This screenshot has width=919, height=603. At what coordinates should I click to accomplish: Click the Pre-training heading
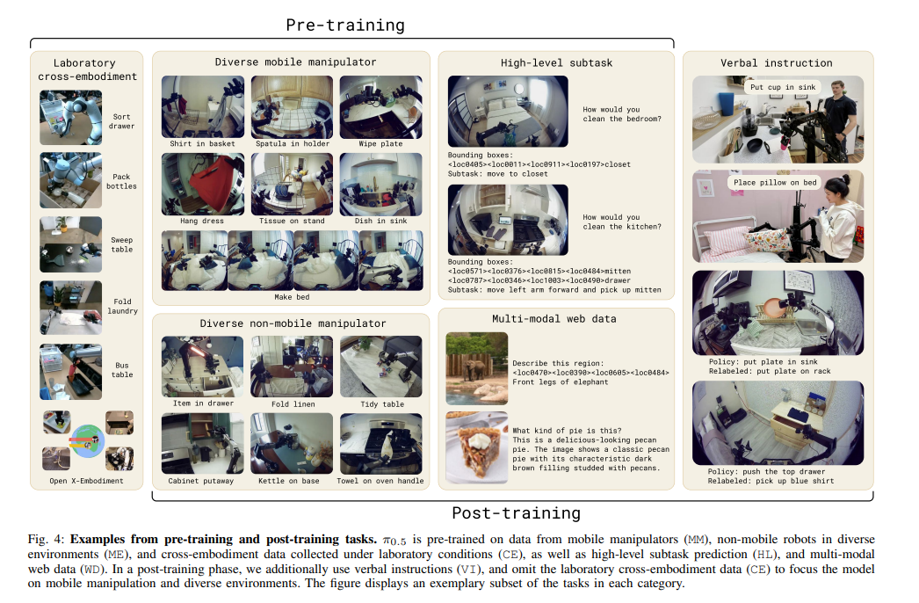click(345, 25)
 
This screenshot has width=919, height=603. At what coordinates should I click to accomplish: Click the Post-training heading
click(516, 513)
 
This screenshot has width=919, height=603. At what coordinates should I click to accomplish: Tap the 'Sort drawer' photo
click(71, 117)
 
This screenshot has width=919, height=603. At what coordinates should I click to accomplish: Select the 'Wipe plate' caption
click(380, 143)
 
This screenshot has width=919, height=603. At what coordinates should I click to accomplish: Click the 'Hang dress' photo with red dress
click(203, 185)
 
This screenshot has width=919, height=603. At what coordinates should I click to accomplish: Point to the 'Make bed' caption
click(292, 297)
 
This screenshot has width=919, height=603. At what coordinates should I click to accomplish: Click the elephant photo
click(476, 368)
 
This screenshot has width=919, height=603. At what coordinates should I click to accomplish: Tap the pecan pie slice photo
click(476, 447)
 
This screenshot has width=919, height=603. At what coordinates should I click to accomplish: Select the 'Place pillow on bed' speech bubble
click(775, 183)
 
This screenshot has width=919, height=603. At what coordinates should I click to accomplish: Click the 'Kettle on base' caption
click(289, 481)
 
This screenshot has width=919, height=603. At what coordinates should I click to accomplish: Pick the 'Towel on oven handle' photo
click(381, 443)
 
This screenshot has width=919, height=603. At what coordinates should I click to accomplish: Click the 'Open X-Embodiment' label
click(86, 481)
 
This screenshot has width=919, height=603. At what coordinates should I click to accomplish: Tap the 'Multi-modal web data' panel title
click(554, 319)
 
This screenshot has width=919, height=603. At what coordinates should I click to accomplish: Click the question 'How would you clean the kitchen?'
click(622, 222)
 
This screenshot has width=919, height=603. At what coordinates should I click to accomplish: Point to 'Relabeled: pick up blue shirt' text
click(771, 481)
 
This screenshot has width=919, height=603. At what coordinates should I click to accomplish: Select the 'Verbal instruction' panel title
click(776, 62)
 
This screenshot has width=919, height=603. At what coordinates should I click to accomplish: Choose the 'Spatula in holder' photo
click(292, 106)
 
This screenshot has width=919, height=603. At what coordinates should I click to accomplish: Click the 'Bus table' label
click(122, 370)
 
